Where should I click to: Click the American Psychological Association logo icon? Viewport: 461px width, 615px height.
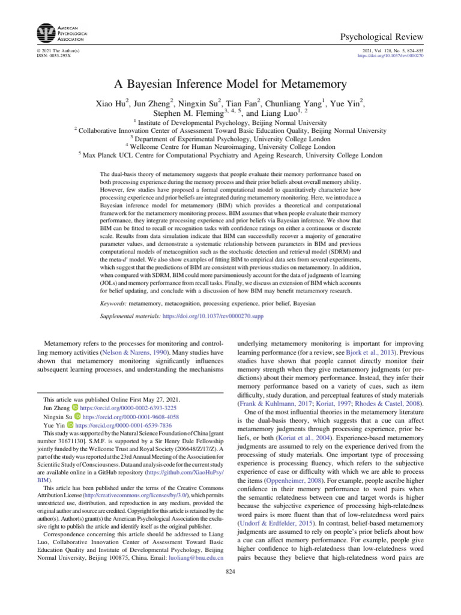(45, 32)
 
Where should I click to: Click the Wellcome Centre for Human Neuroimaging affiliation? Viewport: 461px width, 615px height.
(231, 146)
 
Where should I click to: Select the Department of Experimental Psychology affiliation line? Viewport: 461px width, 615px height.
(231, 138)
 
